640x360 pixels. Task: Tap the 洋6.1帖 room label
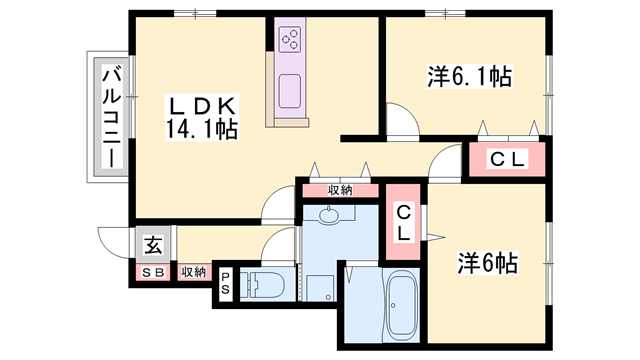tap(469, 77)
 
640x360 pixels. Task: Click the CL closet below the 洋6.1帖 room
tap(509, 159)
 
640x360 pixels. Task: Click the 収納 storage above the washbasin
tap(340, 189)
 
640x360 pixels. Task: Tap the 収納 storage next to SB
tap(193, 272)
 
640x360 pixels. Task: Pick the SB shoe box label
tap(153, 272)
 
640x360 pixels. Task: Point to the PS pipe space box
tap(225, 284)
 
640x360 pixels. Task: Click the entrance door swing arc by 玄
tap(113, 243)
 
